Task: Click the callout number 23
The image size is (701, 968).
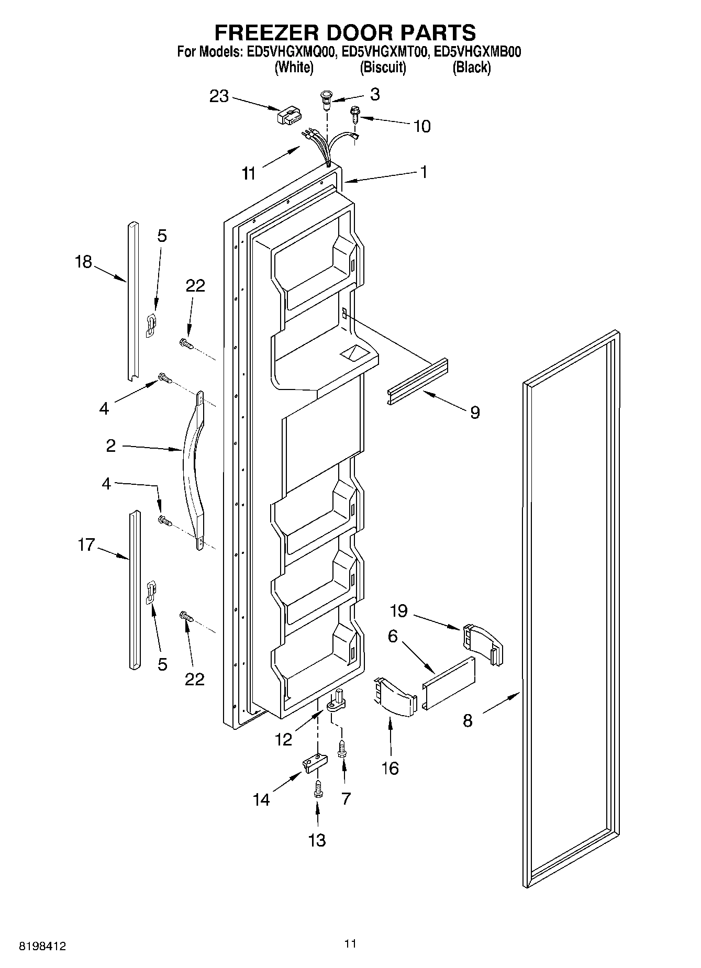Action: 219,96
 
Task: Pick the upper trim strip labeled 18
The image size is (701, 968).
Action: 133,301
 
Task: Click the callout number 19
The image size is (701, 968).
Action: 398,611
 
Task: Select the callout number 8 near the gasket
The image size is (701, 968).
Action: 468,721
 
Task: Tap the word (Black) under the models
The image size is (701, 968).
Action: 471,67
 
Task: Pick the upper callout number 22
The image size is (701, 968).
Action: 195,286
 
